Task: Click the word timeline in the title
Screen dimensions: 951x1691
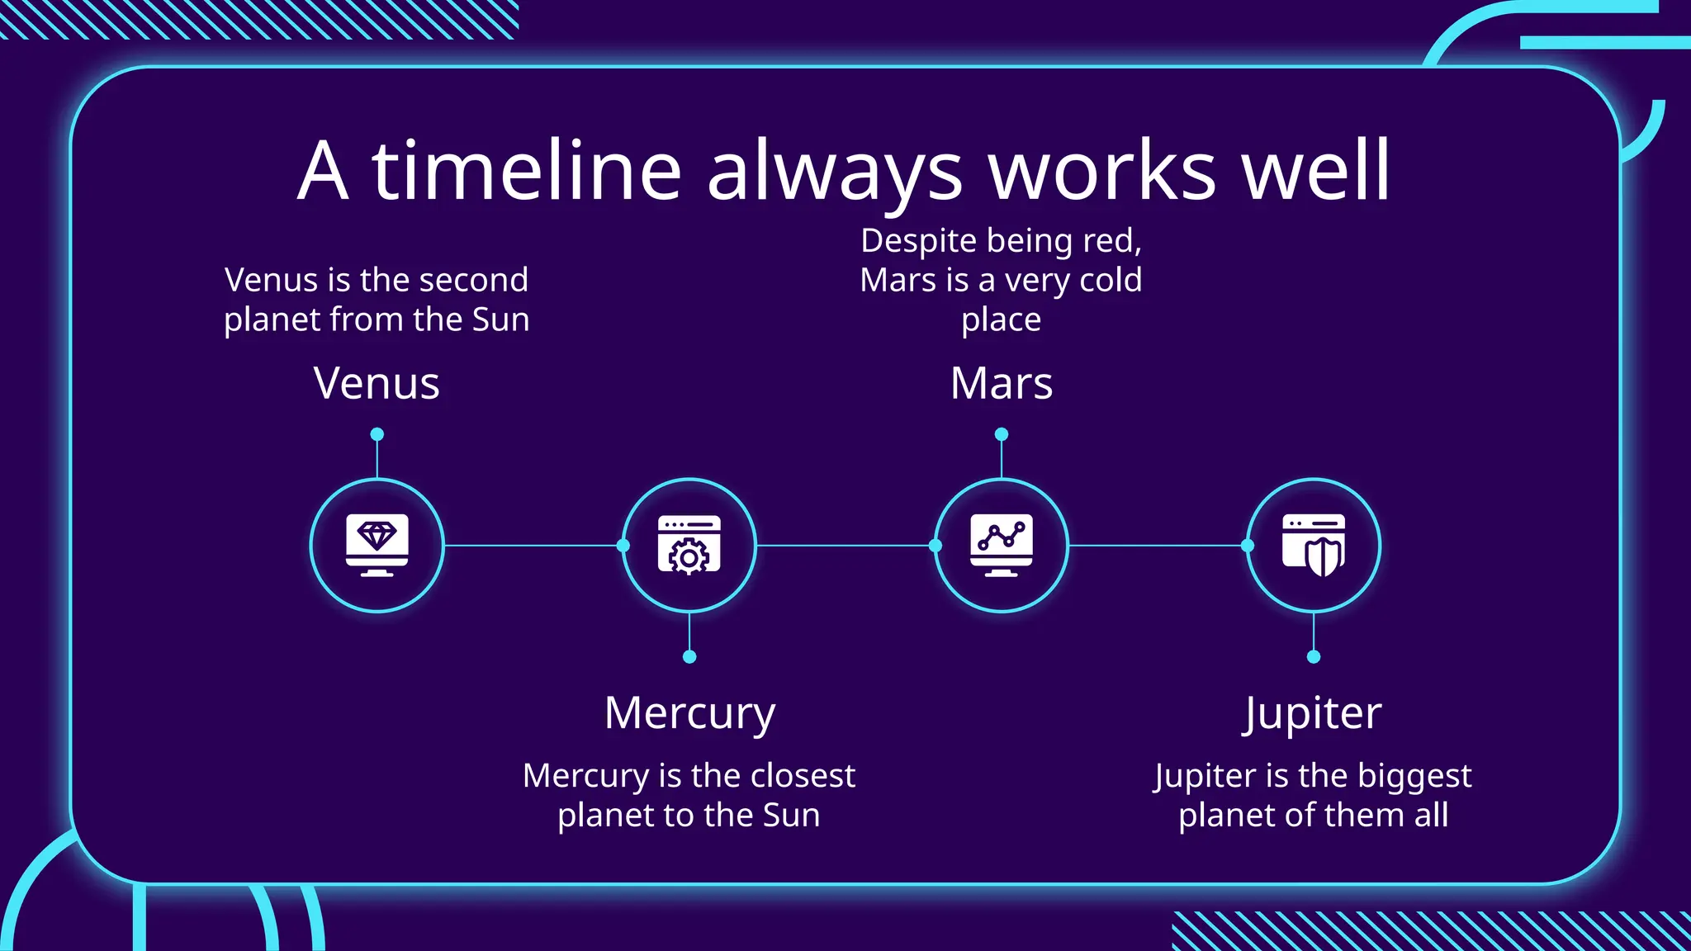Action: (x=527, y=171)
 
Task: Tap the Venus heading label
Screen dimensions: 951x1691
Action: (x=377, y=383)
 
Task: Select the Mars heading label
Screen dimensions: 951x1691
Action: (x=1001, y=383)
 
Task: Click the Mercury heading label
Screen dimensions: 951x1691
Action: (x=689, y=713)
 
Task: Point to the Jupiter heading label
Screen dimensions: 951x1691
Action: (x=1313, y=713)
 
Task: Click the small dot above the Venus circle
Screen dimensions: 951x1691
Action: (x=377, y=434)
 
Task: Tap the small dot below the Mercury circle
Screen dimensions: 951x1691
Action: (x=689, y=657)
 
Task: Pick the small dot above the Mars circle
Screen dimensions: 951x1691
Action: (x=1002, y=434)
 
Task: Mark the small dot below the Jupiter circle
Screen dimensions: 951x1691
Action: (x=1314, y=657)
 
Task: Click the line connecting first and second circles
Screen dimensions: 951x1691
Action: (x=533, y=546)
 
